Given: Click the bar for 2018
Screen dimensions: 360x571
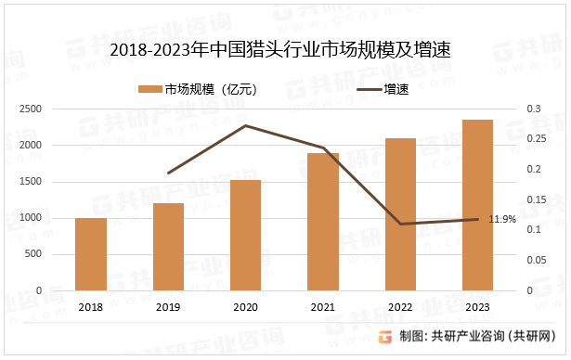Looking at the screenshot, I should (91, 254).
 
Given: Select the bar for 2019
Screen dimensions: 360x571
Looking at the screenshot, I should (168, 247).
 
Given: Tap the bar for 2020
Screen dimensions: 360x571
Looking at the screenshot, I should (246, 236).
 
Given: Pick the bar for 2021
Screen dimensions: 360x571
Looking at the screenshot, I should (323, 222).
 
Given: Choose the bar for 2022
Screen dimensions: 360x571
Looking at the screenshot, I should (400, 214).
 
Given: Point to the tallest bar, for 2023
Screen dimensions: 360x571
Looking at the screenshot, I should (477, 205).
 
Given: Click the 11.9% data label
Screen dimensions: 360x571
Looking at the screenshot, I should (502, 220).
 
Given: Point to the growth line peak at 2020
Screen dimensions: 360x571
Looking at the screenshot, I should (246, 125).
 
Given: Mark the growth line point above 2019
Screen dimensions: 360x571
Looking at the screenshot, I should (168, 174).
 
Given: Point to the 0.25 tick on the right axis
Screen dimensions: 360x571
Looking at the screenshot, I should (534, 139).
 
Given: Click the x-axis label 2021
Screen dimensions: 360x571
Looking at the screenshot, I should (323, 306).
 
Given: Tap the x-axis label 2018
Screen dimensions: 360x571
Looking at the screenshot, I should (91, 306).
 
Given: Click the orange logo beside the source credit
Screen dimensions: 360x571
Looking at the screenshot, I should (386, 336).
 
